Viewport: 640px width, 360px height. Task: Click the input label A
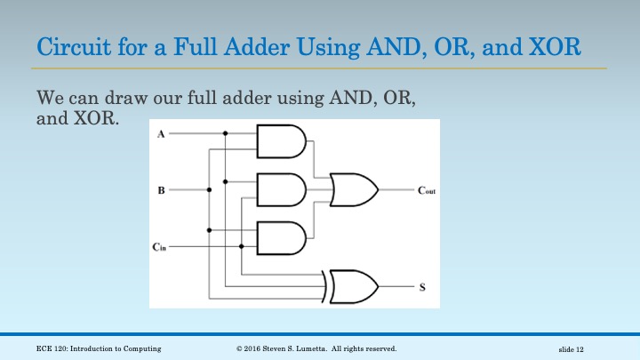[160, 134]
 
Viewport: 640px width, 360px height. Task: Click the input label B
[161, 189]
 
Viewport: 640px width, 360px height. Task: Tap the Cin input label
[159, 246]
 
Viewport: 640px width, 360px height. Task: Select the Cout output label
[427, 190]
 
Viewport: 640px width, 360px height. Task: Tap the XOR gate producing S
[354, 286]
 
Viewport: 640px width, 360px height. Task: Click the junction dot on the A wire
[226, 134]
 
